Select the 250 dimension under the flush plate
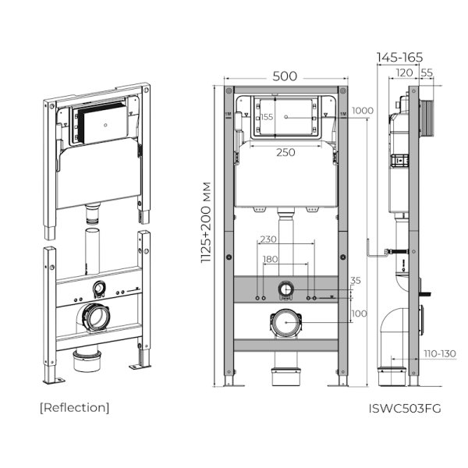pos(285,152)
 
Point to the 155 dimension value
pos(268,117)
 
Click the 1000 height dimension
pos(362,111)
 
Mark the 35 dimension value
pos(356,280)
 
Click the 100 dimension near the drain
pos(359,314)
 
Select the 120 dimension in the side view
pos(404,72)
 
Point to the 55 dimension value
pos(427,72)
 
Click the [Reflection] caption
pos(74,407)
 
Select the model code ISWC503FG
pos(404,408)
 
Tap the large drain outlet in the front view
pos(285,323)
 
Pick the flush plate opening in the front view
pos(285,117)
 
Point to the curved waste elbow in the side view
pos(394,328)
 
